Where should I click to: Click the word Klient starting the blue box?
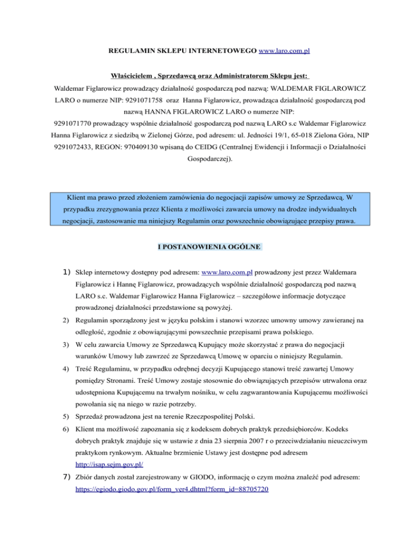[x=79, y=195]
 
